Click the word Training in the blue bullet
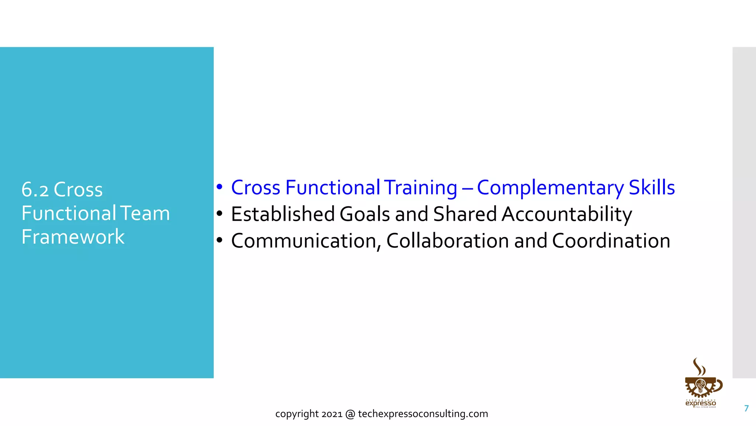(420, 188)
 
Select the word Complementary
(550, 188)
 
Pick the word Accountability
(567, 214)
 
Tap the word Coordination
(611, 241)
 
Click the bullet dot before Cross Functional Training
(220, 187)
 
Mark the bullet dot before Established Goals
(220, 214)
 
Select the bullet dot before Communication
(220, 241)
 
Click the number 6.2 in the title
(35, 190)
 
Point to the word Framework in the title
(73, 237)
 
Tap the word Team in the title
(145, 213)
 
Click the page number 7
(746, 408)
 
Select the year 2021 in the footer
(332, 414)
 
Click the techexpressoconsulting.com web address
(423, 414)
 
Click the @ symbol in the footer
(350, 414)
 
